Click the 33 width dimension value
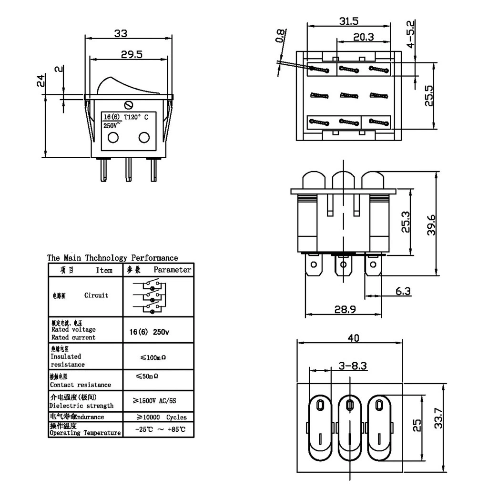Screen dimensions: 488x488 [x=121, y=34]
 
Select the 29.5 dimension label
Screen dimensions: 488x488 [x=131, y=54]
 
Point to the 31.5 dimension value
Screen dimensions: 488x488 [x=348, y=21]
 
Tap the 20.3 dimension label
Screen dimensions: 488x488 [x=363, y=37]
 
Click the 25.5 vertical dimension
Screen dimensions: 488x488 [x=429, y=96]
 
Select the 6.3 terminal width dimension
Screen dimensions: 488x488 [x=403, y=291]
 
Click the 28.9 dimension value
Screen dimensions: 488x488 [x=345, y=309]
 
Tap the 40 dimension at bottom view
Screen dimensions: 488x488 [x=353, y=338]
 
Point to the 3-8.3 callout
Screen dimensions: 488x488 [x=353, y=366]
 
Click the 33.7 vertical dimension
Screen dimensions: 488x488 [x=438, y=417]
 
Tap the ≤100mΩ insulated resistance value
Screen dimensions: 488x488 [x=153, y=357]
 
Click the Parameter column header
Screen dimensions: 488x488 [x=172, y=270]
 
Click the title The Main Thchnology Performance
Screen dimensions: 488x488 [x=112, y=258]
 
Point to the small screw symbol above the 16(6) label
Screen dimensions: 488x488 [x=128, y=105]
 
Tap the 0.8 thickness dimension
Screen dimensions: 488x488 [x=281, y=36]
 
